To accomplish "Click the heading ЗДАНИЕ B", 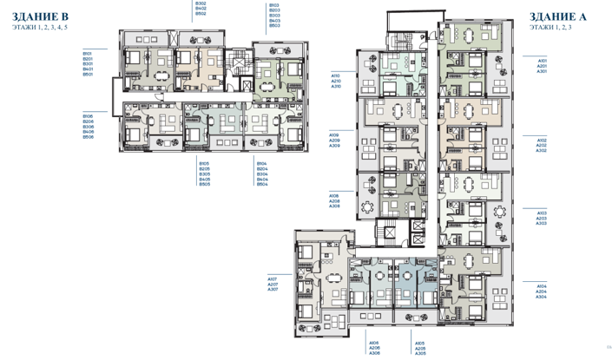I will pyautogui.click(x=40, y=17).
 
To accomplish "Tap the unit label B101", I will pyautogui.click(x=88, y=54).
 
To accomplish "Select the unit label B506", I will pyautogui.click(x=88, y=137).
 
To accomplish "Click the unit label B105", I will pyautogui.click(x=203, y=163).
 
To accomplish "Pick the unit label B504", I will pyautogui.click(x=262, y=184).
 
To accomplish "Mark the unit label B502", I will pyautogui.click(x=201, y=15).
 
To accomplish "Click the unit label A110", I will pyautogui.click(x=335, y=76).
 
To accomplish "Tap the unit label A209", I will pyautogui.click(x=333, y=141).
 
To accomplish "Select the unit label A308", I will pyautogui.click(x=333, y=206).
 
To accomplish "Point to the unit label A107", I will pyautogui.click(x=272, y=278).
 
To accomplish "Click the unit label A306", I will pyautogui.click(x=374, y=353).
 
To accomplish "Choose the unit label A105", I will pyautogui.click(x=420, y=343).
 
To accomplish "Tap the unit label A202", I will pyautogui.click(x=542, y=145).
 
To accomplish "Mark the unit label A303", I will pyautogui.click(x=542, y=223).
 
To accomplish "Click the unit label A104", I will pyautogui.click(x=542, y=285).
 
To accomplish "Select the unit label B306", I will pyautogui.click(x=88, y=127).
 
